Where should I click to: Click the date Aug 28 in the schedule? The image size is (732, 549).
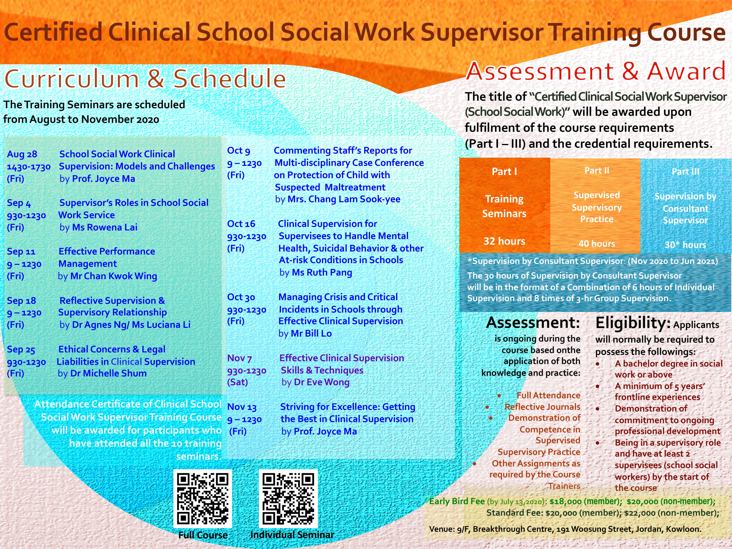pos(22,154)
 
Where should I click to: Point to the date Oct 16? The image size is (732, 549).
pos(241,224)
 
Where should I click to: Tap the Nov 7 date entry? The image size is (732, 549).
pos(239,358)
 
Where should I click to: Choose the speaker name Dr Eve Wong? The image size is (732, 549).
pos(322,382)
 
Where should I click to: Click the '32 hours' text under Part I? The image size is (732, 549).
pos(504,241)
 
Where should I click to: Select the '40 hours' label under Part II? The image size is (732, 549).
pos(597,244)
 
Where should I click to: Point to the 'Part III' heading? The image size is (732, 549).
pos(685,172)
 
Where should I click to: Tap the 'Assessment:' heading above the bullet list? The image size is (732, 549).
pos(533,323)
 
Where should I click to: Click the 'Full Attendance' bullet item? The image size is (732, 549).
pos(548,396)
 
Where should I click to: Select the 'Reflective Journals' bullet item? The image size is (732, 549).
pos(542,407)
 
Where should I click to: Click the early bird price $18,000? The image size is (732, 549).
pos(565,502)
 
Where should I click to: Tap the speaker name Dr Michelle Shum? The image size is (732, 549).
pos(108,373)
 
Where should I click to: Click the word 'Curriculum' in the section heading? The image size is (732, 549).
pos(72,79)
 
